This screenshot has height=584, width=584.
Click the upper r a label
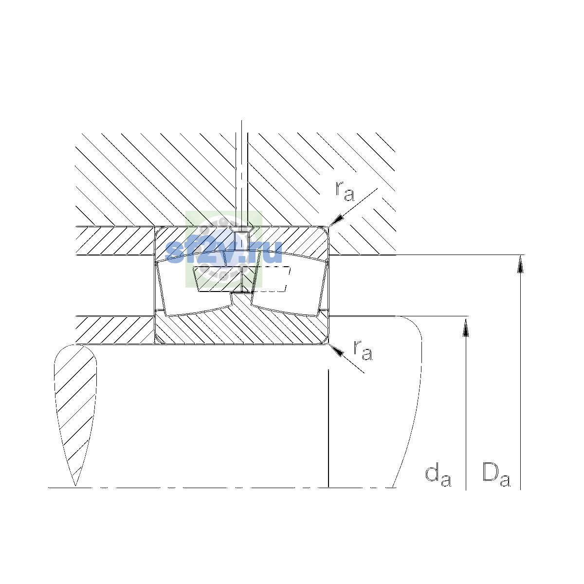[345, 191]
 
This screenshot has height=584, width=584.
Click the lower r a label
[363, 350]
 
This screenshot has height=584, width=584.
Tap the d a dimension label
[438, 476]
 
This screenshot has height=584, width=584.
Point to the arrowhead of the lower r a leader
[336, 350]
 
